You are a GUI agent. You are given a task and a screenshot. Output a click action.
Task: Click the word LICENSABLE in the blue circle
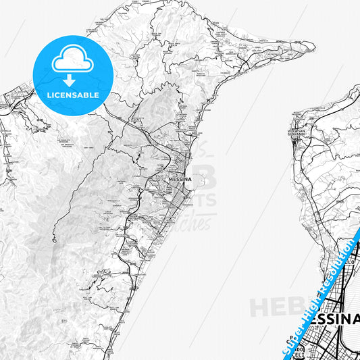(x=72, y=95)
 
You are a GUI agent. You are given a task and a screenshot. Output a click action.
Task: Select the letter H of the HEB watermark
(x=259, y=306)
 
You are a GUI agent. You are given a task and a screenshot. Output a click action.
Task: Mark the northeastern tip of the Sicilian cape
(x=313, y=46)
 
